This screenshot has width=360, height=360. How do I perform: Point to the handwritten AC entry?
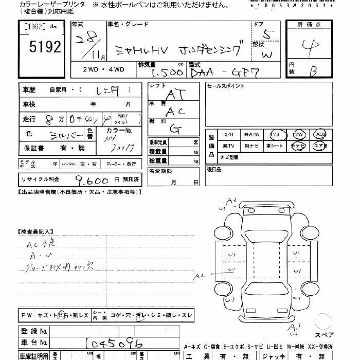(x=175, y=111)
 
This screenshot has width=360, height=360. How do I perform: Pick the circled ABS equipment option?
(x=320, y=135)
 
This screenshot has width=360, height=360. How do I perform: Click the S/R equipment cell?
(x=228, y=135)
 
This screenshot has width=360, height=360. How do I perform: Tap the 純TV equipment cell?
(x=228, y=146)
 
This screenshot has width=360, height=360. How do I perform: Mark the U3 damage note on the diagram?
(x=230, y=299)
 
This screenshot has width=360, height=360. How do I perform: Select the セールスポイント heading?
(x=226, y=86)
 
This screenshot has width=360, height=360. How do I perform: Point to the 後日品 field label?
(x=214, y=169)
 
